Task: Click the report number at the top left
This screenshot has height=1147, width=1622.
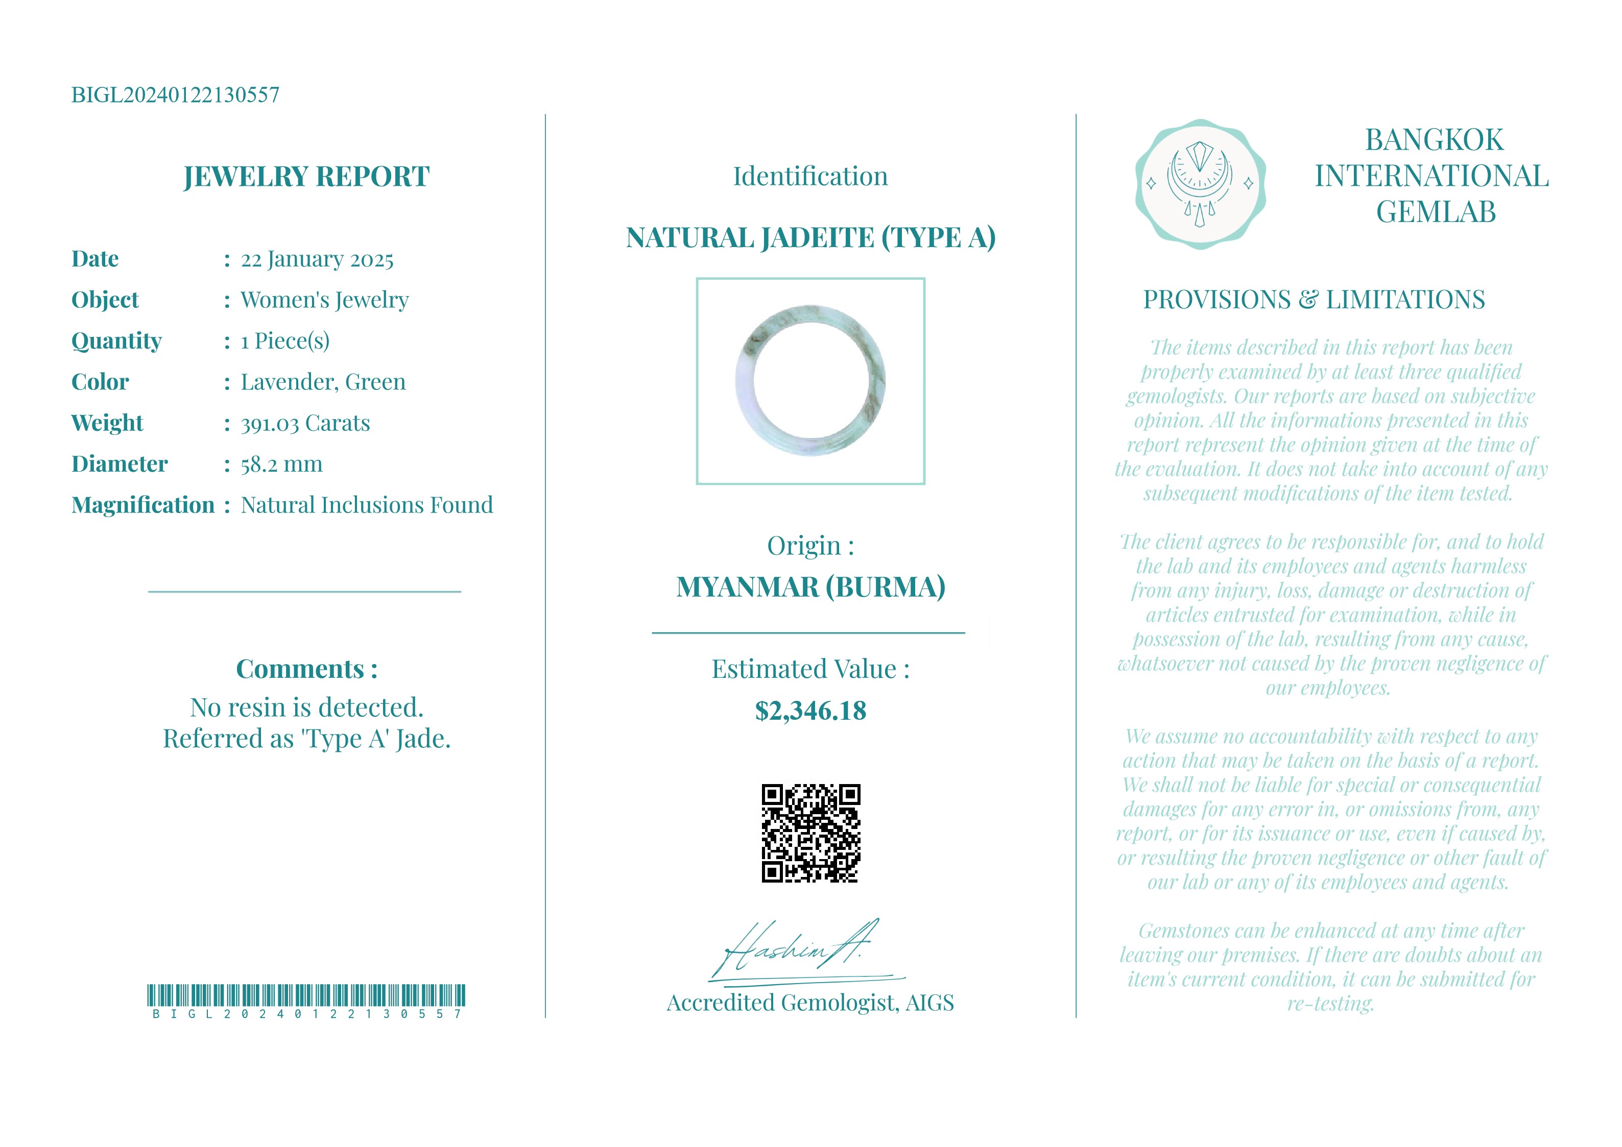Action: (x=175, y=94)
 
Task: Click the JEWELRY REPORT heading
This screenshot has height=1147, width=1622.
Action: (x=306, y=177)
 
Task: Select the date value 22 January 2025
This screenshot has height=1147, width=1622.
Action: (x=317, y=259)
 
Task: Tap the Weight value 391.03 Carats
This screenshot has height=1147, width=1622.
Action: (x=305, y=423)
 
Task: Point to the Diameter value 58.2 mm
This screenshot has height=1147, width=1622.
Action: (x=281, y=464)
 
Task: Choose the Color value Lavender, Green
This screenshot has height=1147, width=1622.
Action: (x=323, y=382)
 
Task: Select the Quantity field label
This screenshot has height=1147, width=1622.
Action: (x=116, y=341)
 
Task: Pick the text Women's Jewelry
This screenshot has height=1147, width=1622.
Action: (x=324, y=300)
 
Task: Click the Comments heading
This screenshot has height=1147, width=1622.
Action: (x=306, y=669)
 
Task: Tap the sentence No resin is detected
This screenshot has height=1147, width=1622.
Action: (x=306, y=707)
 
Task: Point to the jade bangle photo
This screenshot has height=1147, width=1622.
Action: (x=810, y=381)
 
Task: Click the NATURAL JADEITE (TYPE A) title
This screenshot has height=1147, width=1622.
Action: (x=810, y=238)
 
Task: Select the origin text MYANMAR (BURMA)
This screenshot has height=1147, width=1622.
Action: (x=810, y=587)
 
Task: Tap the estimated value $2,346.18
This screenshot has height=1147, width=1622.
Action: (x=810, y=711)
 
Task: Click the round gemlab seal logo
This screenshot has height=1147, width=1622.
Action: (x=1200, y=184)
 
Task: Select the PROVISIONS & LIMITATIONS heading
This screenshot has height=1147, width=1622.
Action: (x=1314, y=300)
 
